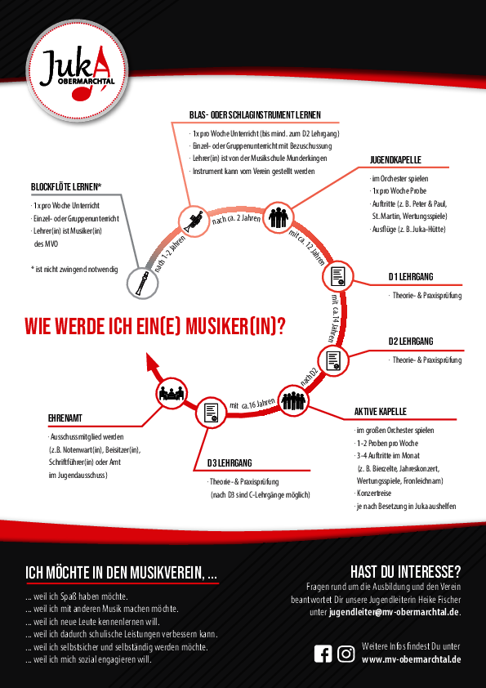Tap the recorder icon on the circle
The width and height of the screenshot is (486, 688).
tap(142, 284)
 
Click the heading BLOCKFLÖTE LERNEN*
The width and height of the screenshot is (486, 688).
tap(66, 187)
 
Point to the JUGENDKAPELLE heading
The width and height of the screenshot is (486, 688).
tap(395, 160)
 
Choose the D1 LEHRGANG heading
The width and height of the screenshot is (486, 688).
tap(411, 277)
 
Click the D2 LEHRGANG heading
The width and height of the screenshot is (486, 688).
tap(411, 341)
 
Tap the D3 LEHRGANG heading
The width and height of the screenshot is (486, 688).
tap(230, 463)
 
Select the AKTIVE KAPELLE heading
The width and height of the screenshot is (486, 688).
tap(381, 412)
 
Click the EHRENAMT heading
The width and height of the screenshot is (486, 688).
tap(65, 418)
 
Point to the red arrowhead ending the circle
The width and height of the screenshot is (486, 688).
tap(152, 363)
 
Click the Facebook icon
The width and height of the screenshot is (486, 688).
tap(323, 654)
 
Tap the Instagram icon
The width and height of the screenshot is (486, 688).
tap(346, 654)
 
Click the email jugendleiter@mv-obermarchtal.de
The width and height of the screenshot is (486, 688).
tap(394, 612)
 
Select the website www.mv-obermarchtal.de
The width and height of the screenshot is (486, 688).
tap(411, 659)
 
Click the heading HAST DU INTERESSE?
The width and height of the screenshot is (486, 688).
tap(405, 572)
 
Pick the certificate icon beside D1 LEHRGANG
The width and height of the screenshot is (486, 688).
tap(338, 276)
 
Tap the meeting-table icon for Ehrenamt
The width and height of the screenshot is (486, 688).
tap(172, 393)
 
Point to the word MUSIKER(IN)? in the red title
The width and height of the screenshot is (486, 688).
tap(235, 327)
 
